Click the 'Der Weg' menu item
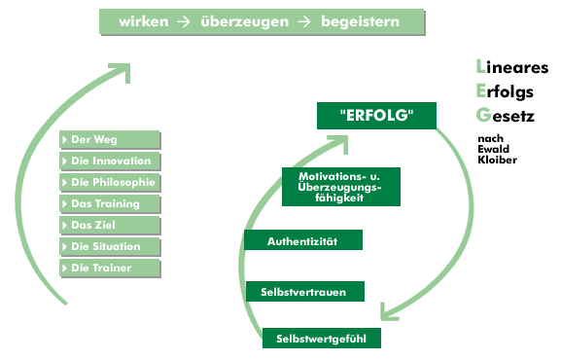pyautogui.click(x=109, y=140)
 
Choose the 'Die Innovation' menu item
pyautogui.click(x=109, y=162)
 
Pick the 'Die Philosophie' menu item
pyautogui.click(x=109, y=183)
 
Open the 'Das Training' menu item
pyautogui.click(x=109, y=204)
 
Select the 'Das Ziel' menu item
pyautogui.click(x=109, y=226)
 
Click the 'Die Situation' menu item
pyautogui.click(x=109, y=247)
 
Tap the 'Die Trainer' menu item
pyautogui.click(x=109, y=268)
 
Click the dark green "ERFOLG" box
pyautogui.click(x=377, y=116)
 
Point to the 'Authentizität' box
pyautogui.click(x=303, y=239)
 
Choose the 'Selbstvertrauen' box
pyautogui.click(x=303, y=291)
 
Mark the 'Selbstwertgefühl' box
pyautogui.click(x=321, y=338)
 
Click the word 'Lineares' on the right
pyautogui.click(x=511, y=68)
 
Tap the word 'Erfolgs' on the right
pyautogui.click(x=508, y=91)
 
